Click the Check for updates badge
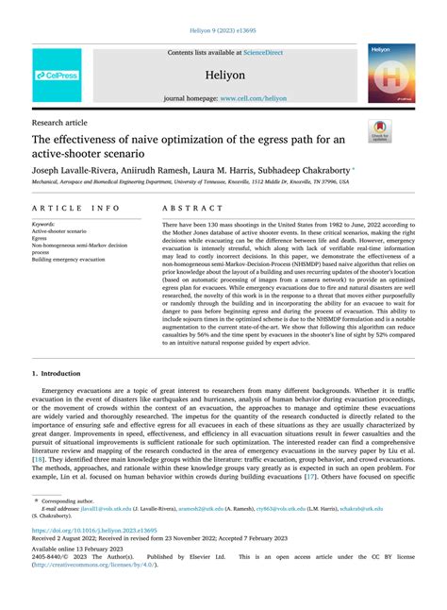(x=379, y=131)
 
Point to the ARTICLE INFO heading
(x=75, y=207)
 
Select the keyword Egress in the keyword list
(x=43, y=237)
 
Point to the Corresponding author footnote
(x=71, y=500)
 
